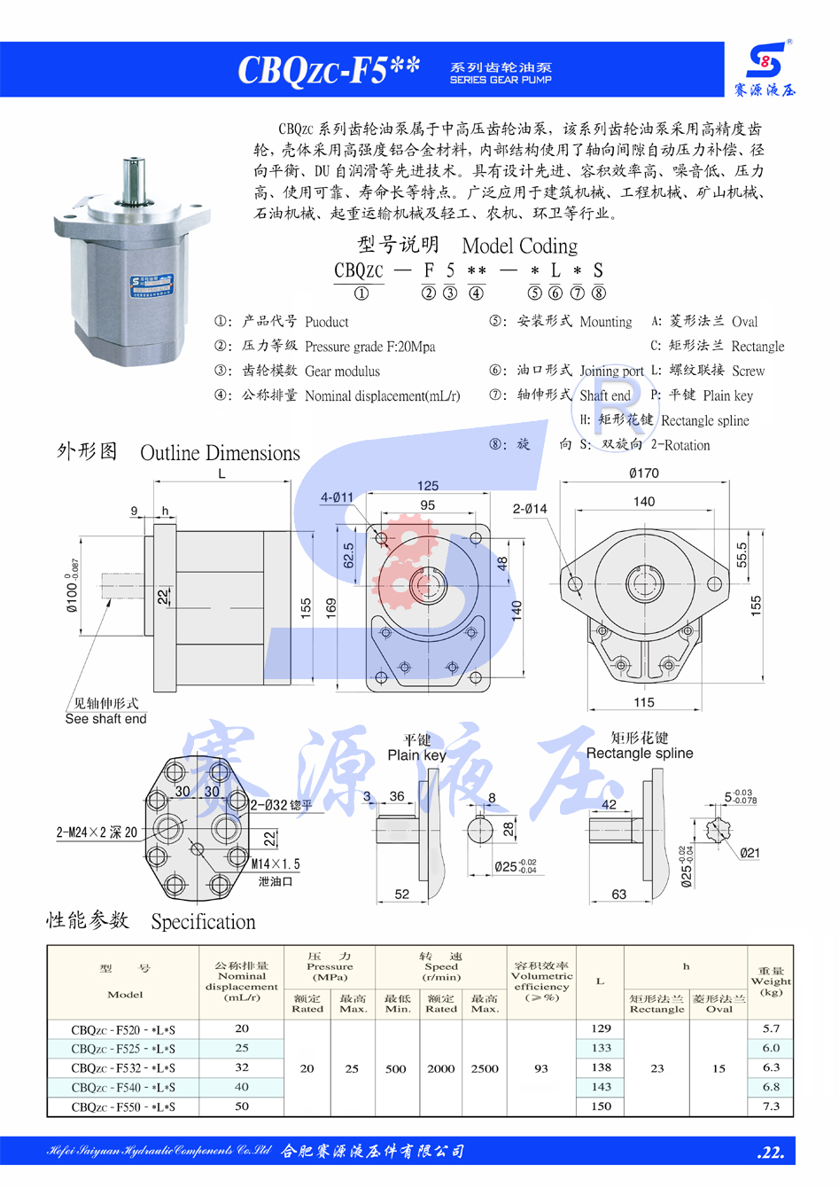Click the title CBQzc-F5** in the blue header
point(328,70)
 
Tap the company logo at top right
point(765,68)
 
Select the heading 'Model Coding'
point(519,246)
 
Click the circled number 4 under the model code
point(477,293)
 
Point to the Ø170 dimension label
point(644,473)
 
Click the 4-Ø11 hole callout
point(337,497)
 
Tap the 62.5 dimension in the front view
point(348,555)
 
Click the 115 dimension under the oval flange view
point(644,702)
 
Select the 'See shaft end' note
point(105,719)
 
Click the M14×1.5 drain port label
point(276,864)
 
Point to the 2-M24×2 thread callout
point(97,832)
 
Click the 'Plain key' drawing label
point(416,755)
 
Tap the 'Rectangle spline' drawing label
point(640,754)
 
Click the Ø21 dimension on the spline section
point(750,853)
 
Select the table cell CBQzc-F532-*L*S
point(123,1068)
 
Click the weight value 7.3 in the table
point(771,1106)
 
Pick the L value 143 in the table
point(602,1087)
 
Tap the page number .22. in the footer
point(771,1153)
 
